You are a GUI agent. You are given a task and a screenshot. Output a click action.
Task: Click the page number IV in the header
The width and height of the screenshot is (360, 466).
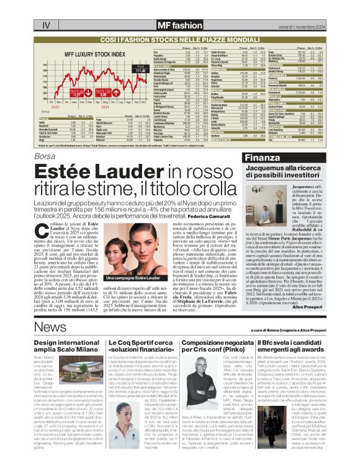[46, 25]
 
